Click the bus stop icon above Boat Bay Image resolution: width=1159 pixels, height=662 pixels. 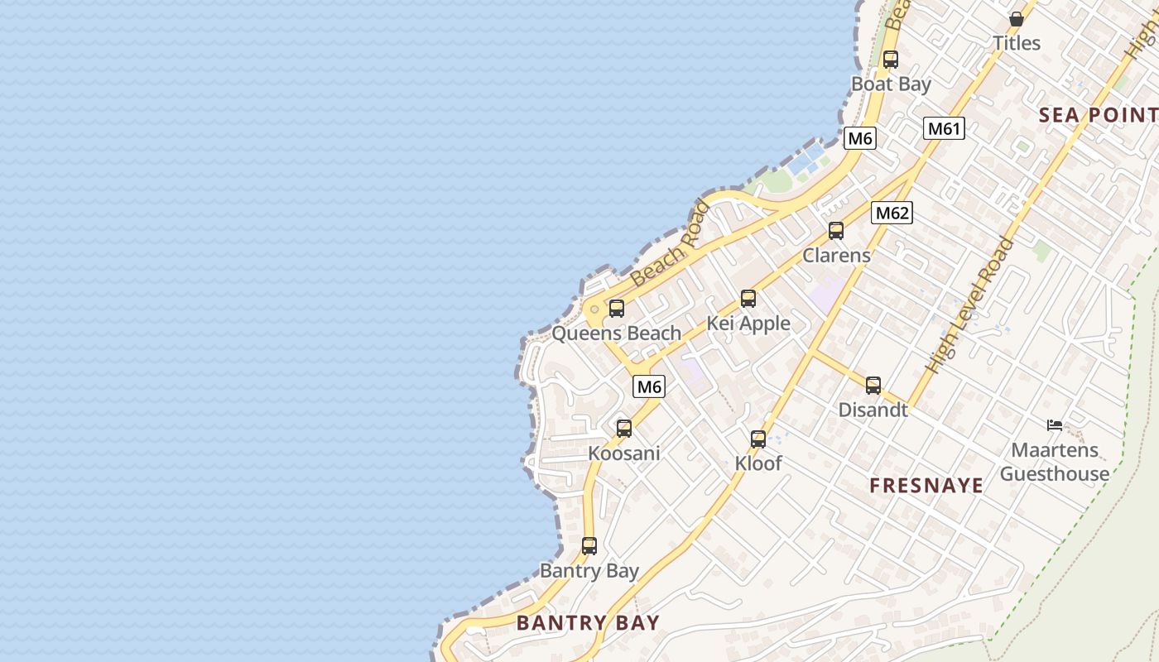(x=891, y=60)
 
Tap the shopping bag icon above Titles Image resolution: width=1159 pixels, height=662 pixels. (x=1017, y=19)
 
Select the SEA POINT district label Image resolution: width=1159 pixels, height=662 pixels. (x=1098, y=115)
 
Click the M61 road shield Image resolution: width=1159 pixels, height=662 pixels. (x=945, y=128)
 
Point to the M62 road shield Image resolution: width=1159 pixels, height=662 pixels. (x=892, y=213)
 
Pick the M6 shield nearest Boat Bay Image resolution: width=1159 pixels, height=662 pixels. (x=860, y=138)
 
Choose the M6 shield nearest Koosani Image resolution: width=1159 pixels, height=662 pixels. (x=650, y=386)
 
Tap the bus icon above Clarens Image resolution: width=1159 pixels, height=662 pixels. (x=836, y=231)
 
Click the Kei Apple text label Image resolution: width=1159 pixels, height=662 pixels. (x=748, y=324)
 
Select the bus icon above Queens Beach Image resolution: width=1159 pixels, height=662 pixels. (x=617, y=309)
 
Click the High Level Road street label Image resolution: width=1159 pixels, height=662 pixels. (x=970, y=305)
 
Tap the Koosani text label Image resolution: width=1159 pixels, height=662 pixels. (x=624, y=453)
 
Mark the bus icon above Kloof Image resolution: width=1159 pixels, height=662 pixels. (x=758, y=439)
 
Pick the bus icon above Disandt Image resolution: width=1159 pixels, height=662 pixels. (x=873, y=386)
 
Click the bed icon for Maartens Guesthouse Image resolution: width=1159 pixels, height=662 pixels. (x=1054, y=425)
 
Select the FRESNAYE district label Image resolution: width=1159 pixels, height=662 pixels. (x=927, y=486)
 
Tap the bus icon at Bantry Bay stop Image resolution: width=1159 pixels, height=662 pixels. (x=589, y=546)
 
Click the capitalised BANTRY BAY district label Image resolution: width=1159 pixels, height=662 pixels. (x=588, y=623)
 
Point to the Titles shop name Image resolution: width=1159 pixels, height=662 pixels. (x=1017, y=43)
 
